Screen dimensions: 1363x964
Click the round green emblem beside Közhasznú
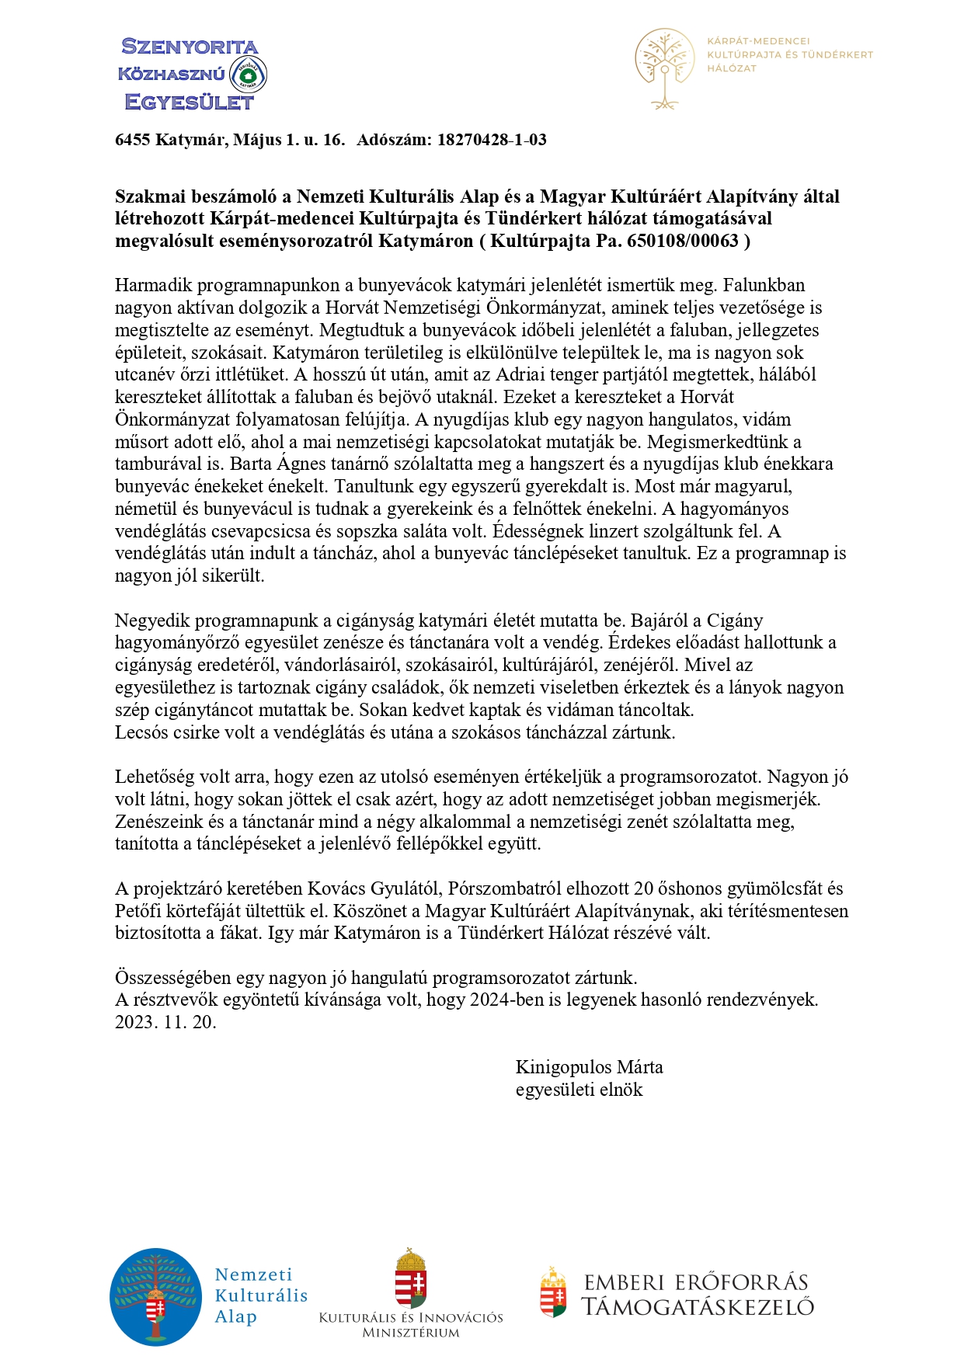pos(249,75)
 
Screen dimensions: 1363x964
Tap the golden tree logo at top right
pos(664,68)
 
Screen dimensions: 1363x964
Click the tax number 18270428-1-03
pos(492,140)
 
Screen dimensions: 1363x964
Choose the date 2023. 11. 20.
pos(165,1022)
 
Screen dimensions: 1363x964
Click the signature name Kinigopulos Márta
pos(589,1067)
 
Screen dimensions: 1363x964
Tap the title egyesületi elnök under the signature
pos(579,1090)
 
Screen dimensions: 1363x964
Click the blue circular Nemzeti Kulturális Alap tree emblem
pos(155,1297)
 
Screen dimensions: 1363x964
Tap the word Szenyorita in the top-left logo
pos(190,47)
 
